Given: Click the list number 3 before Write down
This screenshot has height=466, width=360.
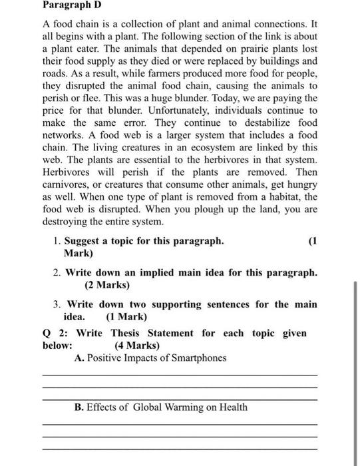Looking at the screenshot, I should point(57,304).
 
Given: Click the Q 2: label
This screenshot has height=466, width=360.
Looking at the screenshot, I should point(54,333).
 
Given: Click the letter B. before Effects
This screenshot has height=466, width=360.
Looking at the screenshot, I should point(79,407).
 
